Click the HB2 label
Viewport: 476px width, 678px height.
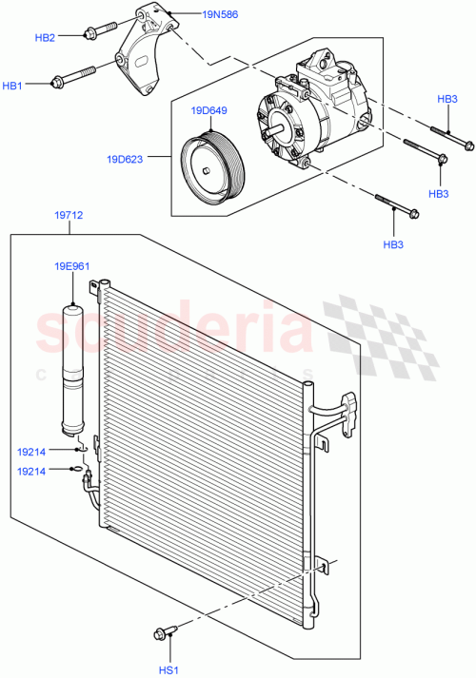(x=45, y=37)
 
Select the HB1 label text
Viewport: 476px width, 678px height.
(x=12, y=87)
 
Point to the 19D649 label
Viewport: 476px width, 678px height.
(x=208, y=111)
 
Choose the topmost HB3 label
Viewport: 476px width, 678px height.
(x=447, y=99)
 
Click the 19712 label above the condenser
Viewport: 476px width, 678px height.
(x=69, y=216)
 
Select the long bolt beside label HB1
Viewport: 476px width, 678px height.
(x=75, y=75)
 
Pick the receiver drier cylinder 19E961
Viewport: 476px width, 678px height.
(x=73, y=361)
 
